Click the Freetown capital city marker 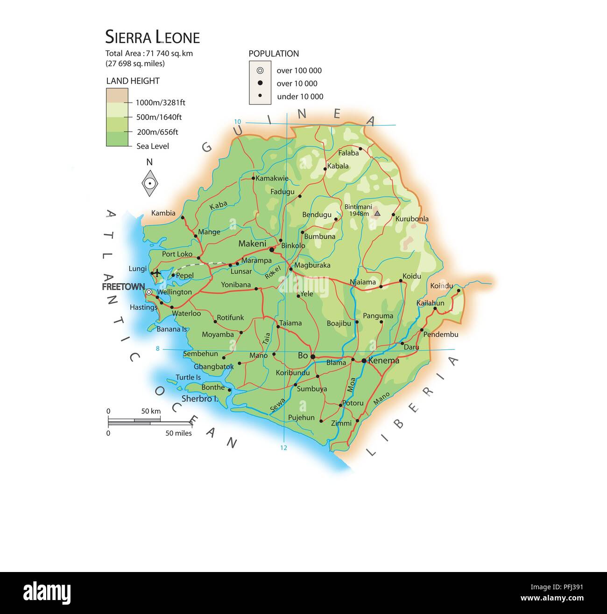tap(148, 292)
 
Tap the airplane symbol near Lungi tap(157, 272)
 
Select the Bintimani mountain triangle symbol tap(377, 214)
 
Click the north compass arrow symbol tap(150, 183)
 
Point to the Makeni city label tap(252, 244)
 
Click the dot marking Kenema tap(364, 360)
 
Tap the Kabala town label tap(338, 166)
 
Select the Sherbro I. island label tap(200, 398)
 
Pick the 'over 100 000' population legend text tap(299, 71)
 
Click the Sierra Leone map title tap(152, 37)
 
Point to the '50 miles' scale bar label tap(178, 433)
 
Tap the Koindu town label tap(442, 286)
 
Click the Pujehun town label tap(301, 418)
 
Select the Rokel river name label tap(273, 272)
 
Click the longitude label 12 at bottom tap(283, 448)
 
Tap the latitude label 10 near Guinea tap(238, 122)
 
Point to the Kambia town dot tap(183, 217)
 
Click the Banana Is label tap(171, 329)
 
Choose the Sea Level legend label tap(153, 146)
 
